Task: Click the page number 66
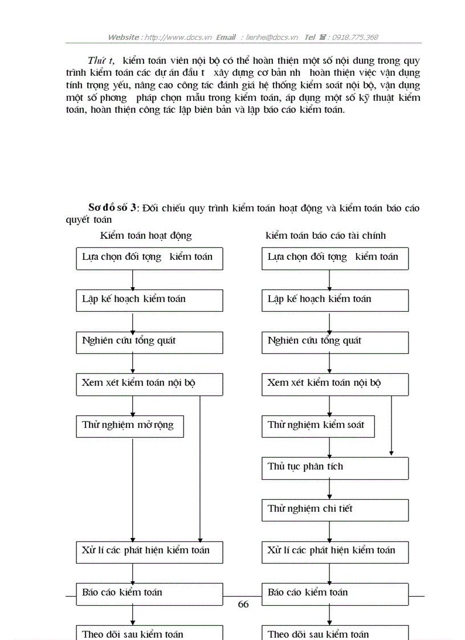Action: point(243,605)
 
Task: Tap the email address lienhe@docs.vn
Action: point(270,38)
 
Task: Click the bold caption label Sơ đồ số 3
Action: point(112,208)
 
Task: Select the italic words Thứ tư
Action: point(101,61)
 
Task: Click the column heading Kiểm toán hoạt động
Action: point(146,235)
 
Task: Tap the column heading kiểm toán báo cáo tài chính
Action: point(325,235)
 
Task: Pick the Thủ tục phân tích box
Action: point(335,468)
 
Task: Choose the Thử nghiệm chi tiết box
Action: point(335,510)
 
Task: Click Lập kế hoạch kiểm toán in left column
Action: point(149,300)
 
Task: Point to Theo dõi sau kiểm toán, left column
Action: point(149,633)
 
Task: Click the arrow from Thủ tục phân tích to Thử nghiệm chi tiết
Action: point(329,489)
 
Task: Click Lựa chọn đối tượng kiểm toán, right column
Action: point(335,258)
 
